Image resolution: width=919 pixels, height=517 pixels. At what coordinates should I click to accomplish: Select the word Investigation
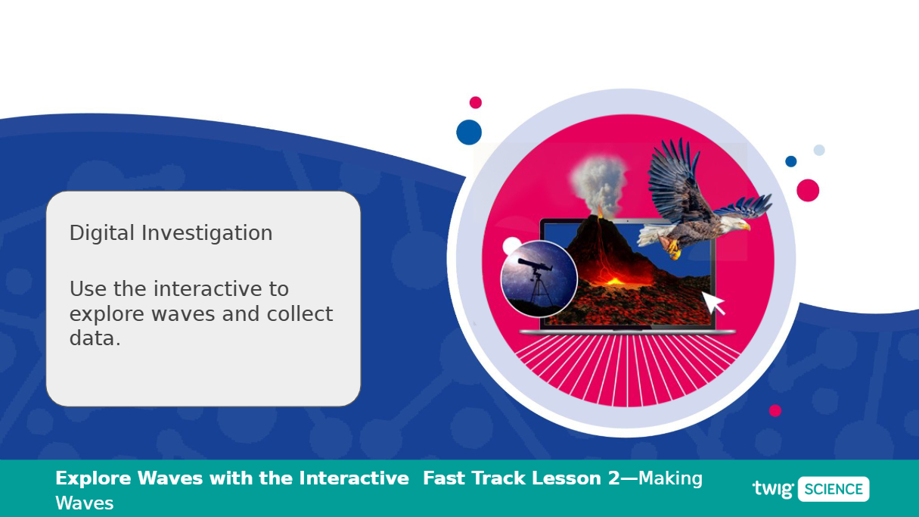[x=207, y=234]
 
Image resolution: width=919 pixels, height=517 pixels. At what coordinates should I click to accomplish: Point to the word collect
[x=300, y=313]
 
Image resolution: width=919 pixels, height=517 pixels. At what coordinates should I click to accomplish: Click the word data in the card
[x=92, y=339]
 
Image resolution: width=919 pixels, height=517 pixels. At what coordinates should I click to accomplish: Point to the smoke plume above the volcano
[x=600, y=183]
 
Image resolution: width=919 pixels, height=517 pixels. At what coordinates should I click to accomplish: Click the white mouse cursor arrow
[x=713, y=303]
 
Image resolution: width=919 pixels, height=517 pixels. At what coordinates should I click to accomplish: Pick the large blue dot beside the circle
[x=469, y=132]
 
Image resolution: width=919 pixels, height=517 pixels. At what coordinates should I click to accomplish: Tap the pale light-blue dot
[x=819, y=150]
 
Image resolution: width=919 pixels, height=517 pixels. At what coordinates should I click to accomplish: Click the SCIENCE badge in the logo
[x=834, y=489]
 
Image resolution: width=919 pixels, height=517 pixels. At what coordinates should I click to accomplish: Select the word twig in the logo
[x=773, y=489]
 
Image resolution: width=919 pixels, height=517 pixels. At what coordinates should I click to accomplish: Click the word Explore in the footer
[x=94, y=479]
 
